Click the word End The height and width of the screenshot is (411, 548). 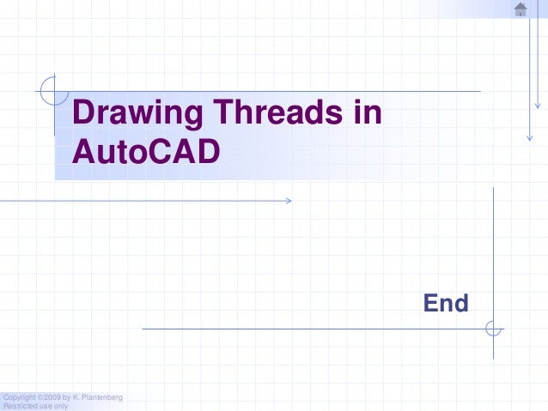[x=446, y=303]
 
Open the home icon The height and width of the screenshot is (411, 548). [x=521, y=9]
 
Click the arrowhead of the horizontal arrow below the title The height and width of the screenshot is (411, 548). [x=288, y=201]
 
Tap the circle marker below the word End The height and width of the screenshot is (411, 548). [x=493, y=328]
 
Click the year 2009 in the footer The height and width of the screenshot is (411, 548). [x=52, y=396]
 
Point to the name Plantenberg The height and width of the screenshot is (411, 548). [x=103, y=396]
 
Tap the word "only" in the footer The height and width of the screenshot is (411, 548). [x=60, y=406]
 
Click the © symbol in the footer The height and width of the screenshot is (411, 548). [x=40, y=396]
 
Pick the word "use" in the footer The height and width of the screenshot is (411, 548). [x=45, y=406]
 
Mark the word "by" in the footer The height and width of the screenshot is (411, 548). [x=67, y=396]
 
